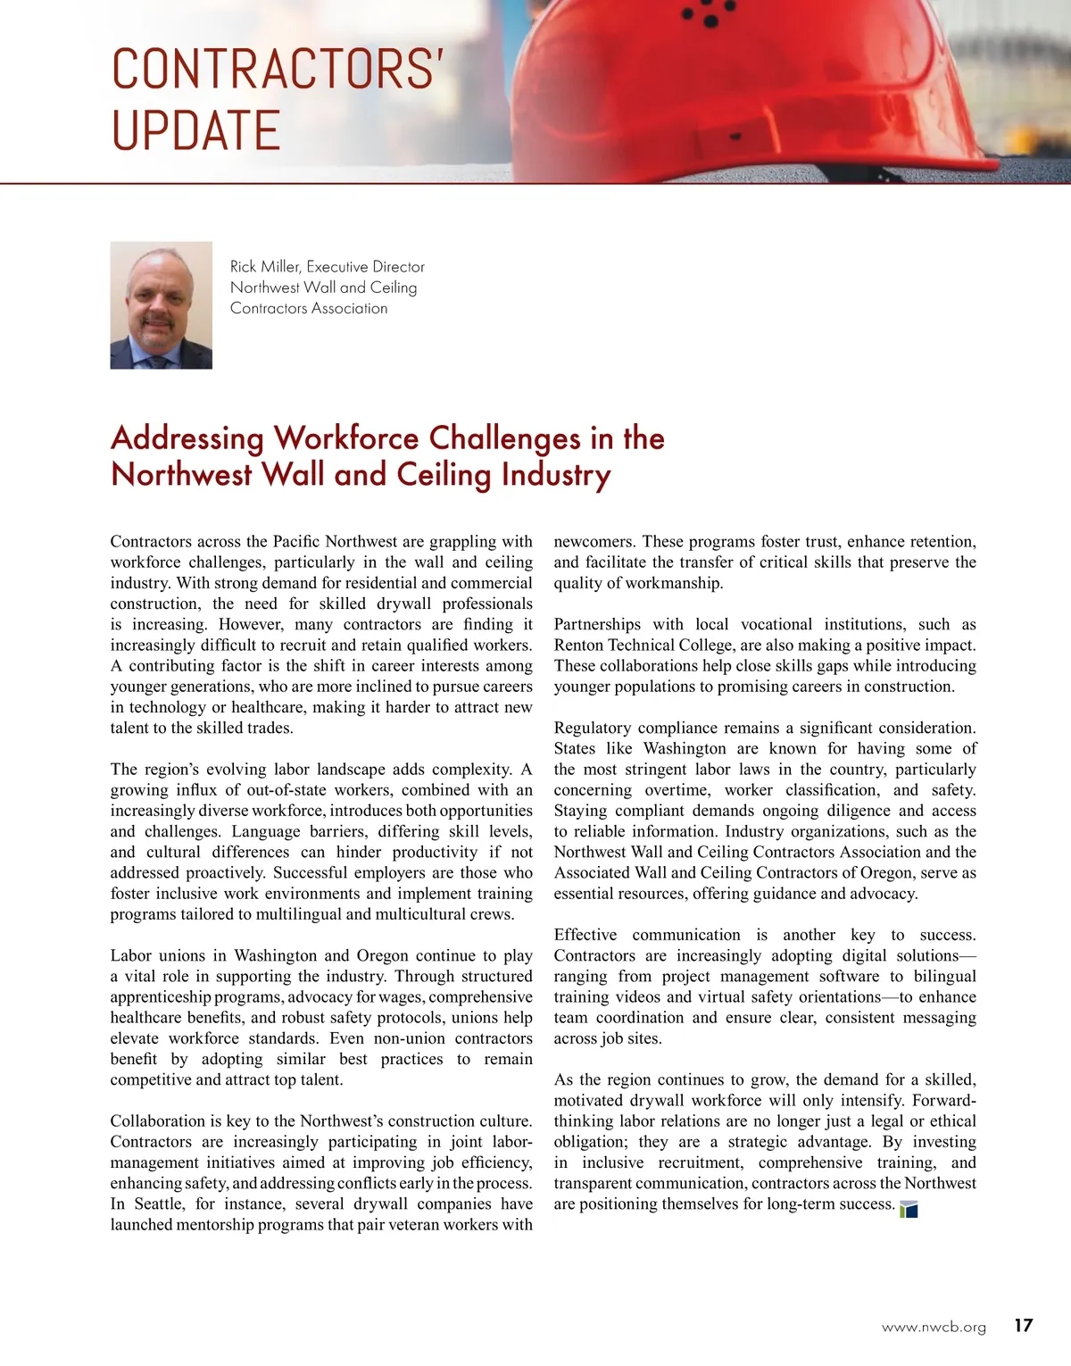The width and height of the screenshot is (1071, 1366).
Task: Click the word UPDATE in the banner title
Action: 196,130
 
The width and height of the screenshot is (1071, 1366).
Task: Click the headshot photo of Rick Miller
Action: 162,305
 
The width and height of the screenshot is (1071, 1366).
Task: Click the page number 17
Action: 1023,1326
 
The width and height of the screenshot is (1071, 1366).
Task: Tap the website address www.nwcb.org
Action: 934,1328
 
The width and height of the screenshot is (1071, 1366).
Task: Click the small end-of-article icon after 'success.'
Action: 909,1209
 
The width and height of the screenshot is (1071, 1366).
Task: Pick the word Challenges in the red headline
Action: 504,438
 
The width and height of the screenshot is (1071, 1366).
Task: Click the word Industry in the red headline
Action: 555,475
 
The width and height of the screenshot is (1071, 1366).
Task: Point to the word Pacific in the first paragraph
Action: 295,542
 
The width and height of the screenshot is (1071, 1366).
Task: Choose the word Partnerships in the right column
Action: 597,625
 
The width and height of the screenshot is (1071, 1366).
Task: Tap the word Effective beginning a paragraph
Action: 585,935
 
